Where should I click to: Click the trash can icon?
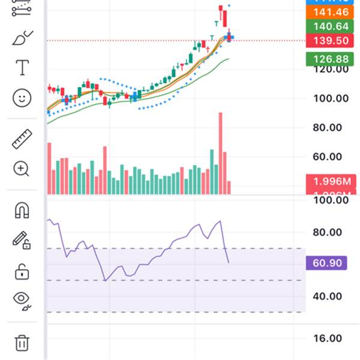[22, 343]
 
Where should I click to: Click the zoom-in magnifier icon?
[22, 169]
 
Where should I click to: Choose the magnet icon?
[22, 210]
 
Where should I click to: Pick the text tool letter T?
[22, 67]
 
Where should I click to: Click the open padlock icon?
[22, 271]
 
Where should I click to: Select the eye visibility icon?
[22, 299]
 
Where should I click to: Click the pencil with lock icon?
[22, 241]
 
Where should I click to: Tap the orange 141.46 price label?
[328, 11]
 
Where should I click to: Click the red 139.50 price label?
[328, 40]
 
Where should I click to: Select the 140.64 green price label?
[328, 26]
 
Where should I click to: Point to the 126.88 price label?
[328, 59]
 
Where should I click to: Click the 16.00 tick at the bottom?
[328, 338]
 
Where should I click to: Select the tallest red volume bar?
[220, 153]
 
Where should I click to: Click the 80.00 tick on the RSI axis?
[328, 233]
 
